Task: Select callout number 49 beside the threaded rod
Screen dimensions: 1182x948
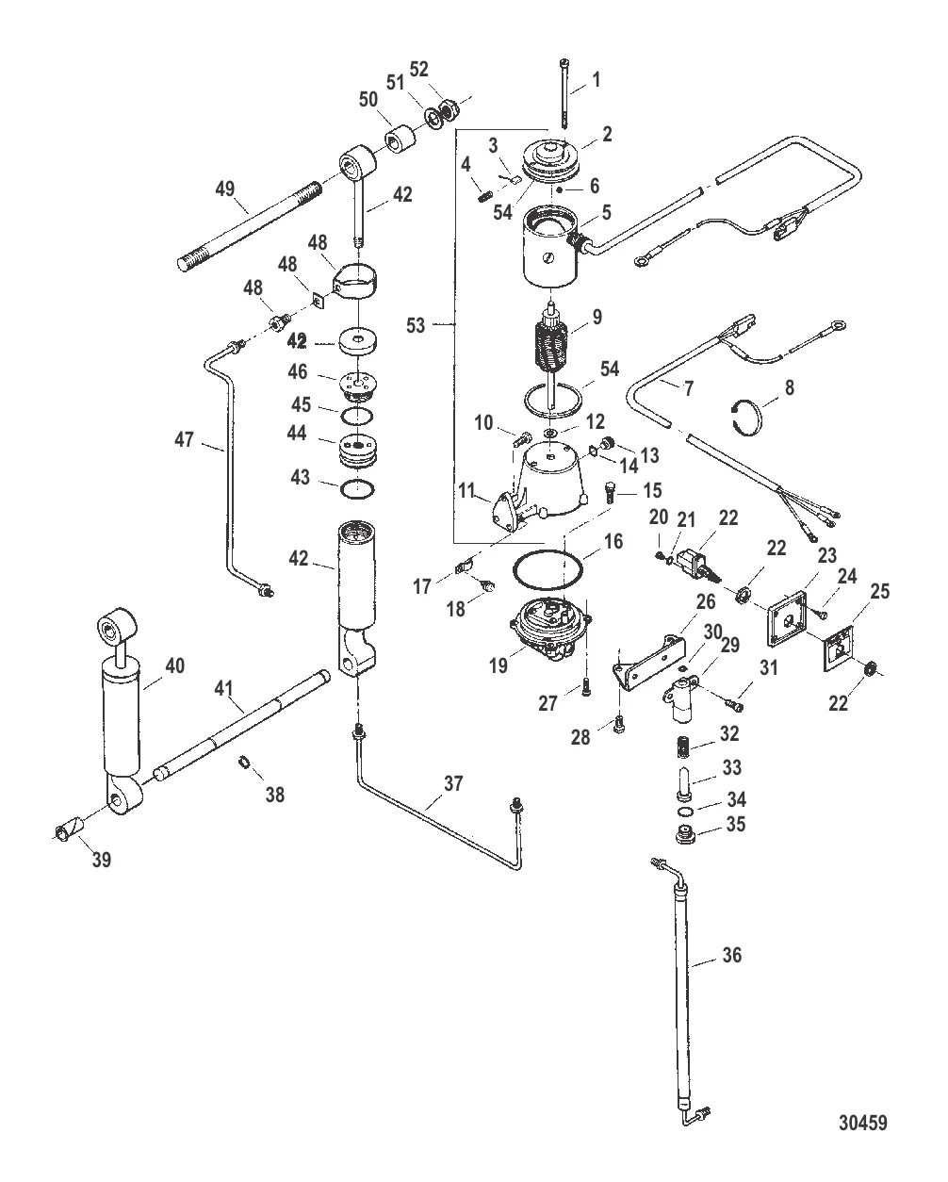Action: coord(224,190)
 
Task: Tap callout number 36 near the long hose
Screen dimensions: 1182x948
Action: coord(731,956)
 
